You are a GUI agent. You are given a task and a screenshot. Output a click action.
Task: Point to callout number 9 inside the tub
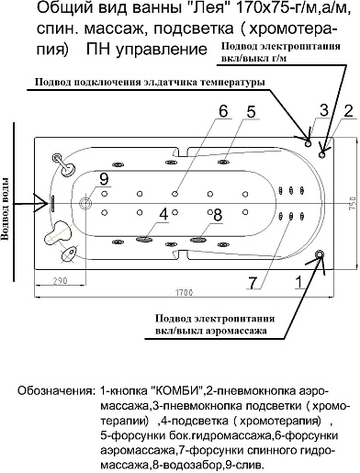pyautogui.click(x=104, y=179)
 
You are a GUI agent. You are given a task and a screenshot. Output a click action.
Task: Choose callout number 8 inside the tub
pyautogui.click(x=219, y=214)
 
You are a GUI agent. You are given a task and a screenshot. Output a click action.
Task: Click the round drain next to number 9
pyautogui.click(x=86, y=203)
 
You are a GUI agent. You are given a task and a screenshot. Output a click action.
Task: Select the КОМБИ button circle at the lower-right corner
pyautogui.click(x=318, y=254)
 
